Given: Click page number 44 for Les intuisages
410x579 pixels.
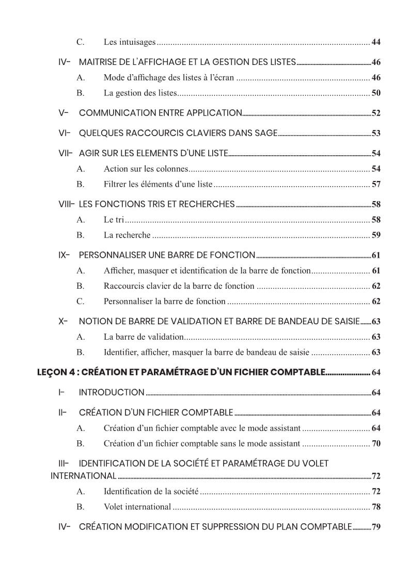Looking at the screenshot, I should (x=376, y=42).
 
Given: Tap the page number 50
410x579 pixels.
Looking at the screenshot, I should (x=376, y=93).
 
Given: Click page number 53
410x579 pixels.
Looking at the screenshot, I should (x=376, y=134).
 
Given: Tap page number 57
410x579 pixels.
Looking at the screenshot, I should (x=376, y=184).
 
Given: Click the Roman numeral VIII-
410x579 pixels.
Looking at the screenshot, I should (x=67, y=204).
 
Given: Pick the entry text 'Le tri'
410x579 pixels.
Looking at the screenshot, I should (x=114, y=220).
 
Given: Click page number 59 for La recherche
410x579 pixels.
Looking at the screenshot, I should (x=376, y=236).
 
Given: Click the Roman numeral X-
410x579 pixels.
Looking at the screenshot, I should (x=63, y=321).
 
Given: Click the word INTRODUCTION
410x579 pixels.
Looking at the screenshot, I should (x=112, y=392).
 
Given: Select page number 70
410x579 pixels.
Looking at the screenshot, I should (x=376, y=443).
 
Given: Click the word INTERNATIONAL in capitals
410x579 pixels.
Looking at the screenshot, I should (x=83, y=475).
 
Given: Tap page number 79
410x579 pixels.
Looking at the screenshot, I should (x=376, y=527).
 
